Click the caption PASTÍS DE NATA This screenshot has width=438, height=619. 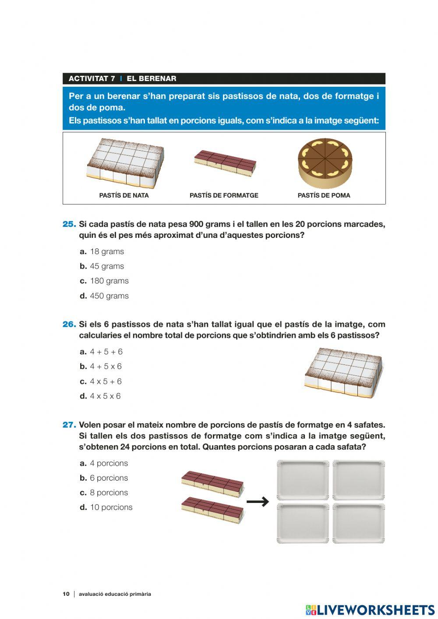[124, 195]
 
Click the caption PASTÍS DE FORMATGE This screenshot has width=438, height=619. [224, 195]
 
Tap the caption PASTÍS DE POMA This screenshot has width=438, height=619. [324, 195]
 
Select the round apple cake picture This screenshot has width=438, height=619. [325, 163]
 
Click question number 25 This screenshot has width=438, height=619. [69, 224]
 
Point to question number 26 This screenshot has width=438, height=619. [69, 325]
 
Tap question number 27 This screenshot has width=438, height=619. [69, 425]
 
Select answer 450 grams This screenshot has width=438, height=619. [109, 296]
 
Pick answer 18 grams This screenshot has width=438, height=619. [106, 251]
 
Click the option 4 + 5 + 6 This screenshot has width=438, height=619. [106, 352]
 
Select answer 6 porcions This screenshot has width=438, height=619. [109, 478]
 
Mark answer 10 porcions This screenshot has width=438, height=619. [111, 507]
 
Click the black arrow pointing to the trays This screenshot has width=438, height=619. [258, 502]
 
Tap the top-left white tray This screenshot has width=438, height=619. [303, 480]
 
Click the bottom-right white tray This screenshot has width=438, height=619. [359, 523]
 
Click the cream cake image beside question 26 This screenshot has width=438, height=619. [343, 372]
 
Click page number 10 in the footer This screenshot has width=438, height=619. [66, 594]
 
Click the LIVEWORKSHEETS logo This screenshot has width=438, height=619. [370, 610]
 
